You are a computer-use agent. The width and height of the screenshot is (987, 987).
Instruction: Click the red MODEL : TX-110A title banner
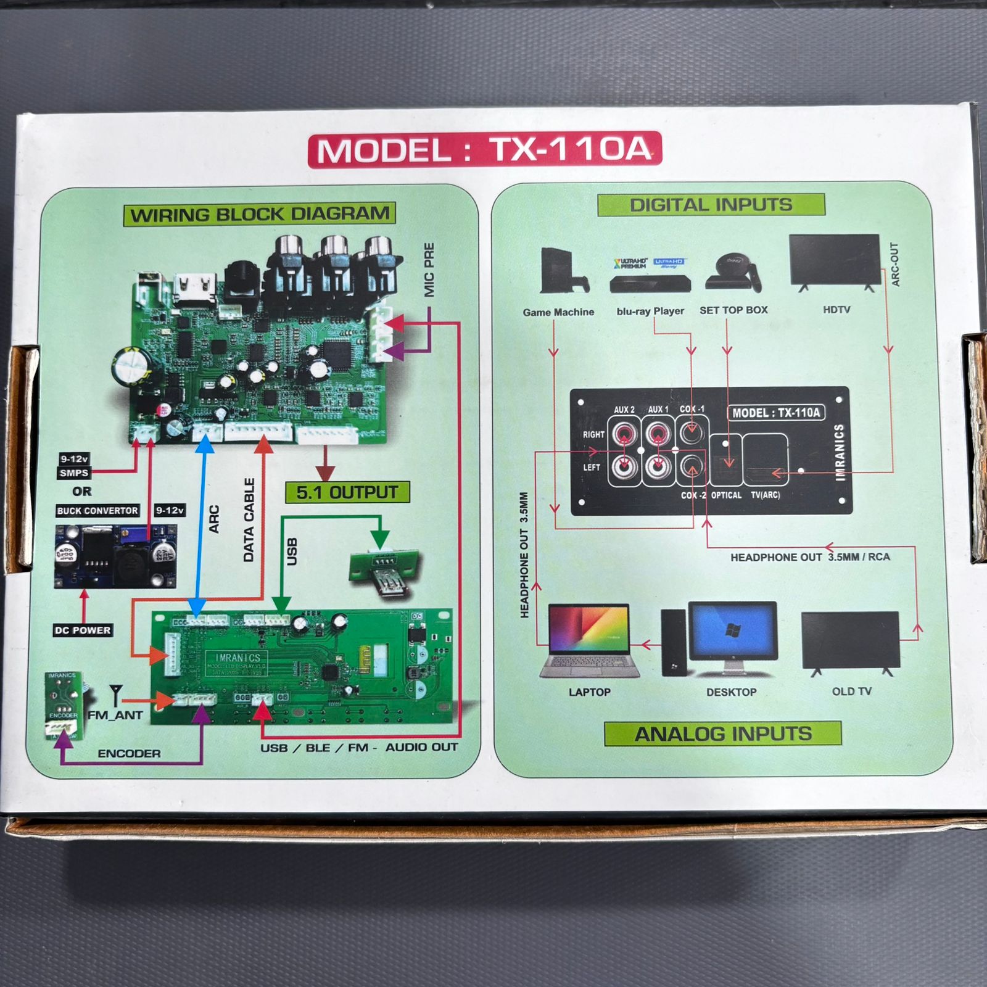coord(485,150)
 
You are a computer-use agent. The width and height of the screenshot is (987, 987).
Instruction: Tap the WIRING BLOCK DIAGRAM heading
coord(260,215)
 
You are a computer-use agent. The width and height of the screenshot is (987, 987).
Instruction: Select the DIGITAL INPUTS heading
coord(711,205)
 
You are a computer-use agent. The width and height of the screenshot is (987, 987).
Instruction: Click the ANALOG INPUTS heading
coord(723,734)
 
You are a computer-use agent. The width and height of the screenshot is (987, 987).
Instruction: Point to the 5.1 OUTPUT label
coord(347,492)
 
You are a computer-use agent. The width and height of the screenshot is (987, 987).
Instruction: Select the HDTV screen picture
coord(835,261)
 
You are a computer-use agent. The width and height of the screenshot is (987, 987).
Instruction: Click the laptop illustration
coord(588,640)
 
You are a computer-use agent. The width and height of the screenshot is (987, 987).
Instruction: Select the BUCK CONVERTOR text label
coord(97,511)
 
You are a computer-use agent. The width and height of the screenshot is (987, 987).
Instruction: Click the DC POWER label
coord(83,630)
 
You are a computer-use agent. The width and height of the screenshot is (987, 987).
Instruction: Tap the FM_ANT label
coord(115,716)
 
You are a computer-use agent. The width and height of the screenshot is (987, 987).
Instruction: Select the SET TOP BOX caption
coord(733,310)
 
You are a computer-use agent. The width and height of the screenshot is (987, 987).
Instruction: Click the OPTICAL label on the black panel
coord(726,495)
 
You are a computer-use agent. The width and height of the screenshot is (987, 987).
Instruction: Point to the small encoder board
coord(63,704)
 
